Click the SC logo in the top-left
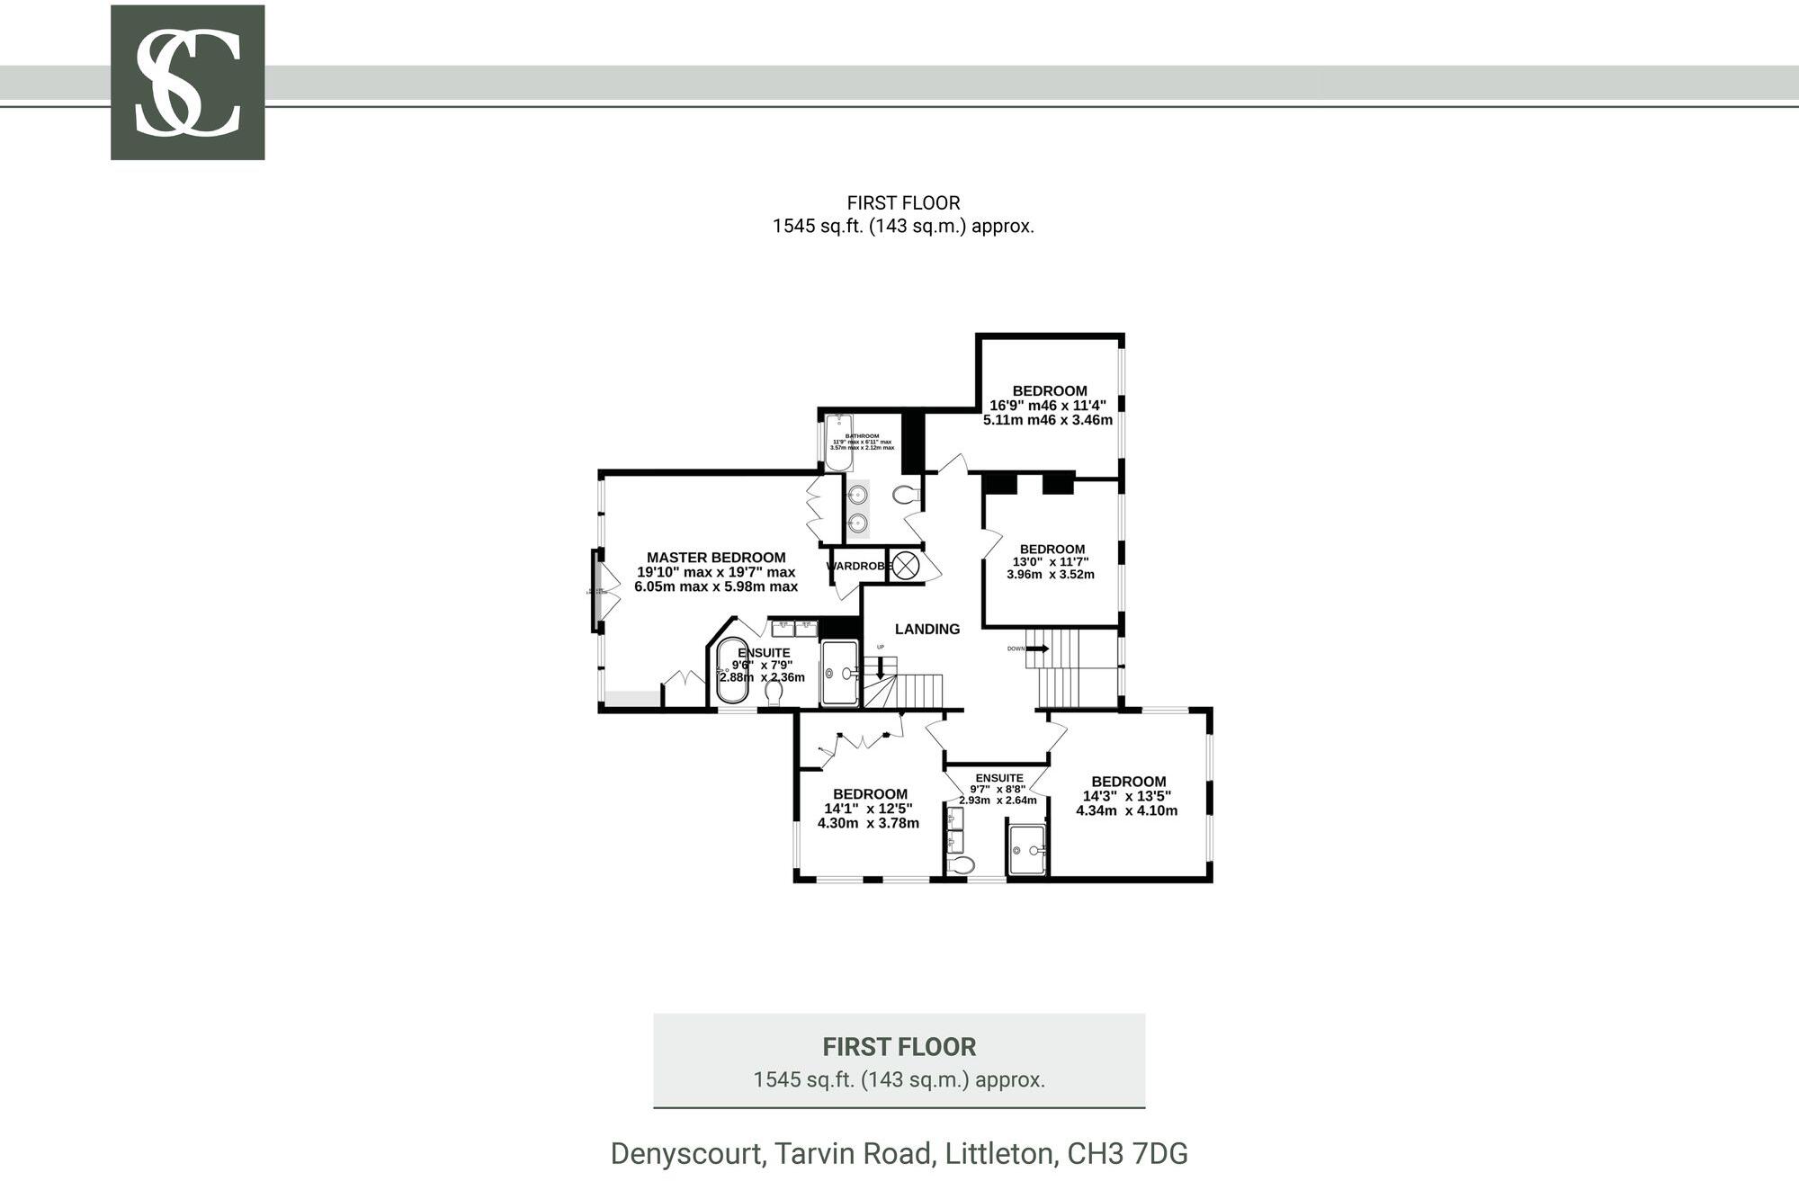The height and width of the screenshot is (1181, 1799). [x=187, y=83]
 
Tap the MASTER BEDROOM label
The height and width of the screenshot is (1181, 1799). [x=716, y=558]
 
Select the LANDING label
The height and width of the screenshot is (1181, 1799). [x=927, y=630]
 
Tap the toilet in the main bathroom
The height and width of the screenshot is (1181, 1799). [x=905, y=494]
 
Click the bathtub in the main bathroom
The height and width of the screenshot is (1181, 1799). [x=838, y=442]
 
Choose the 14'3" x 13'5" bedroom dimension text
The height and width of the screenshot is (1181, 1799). [x=1126, y=796]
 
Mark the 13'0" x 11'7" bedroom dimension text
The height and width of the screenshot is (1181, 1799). [x=1051, y=561]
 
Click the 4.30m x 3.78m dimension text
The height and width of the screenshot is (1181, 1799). [x=868, y=823]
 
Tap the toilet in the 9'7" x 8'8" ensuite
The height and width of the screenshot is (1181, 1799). [x=962, y=865]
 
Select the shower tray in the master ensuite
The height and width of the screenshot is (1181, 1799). [x=840, y=672]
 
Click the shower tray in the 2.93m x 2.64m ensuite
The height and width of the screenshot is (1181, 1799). [x=1026, y=849]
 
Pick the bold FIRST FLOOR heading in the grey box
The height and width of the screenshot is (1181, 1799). [x=899, y=1047]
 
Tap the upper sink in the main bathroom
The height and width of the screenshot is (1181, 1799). [x=858, y=494]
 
